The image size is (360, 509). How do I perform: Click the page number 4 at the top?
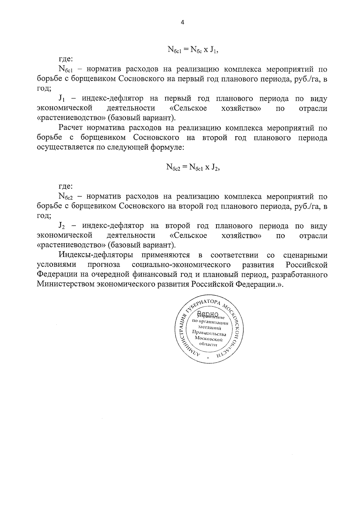coord(182,22)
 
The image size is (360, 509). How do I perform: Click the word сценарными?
coord(305,255)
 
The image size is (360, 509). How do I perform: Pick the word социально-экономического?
coord(181,265)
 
